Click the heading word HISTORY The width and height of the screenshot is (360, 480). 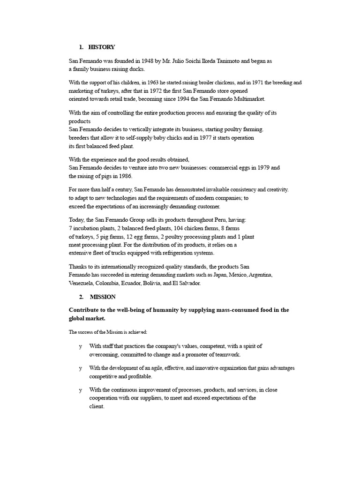click(101, 47)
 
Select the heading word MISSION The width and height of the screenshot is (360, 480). click(103, 297)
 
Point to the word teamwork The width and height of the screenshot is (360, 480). click(227, 355)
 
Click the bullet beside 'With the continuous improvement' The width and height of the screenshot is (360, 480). click(80, 390)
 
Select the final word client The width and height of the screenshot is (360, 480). click(97, 407)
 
